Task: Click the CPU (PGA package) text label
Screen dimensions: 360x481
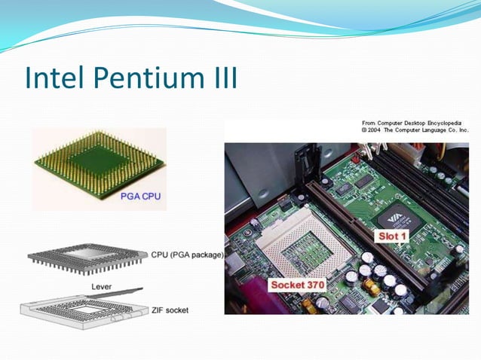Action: point(186,255)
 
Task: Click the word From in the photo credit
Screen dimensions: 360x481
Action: point(369,122)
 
